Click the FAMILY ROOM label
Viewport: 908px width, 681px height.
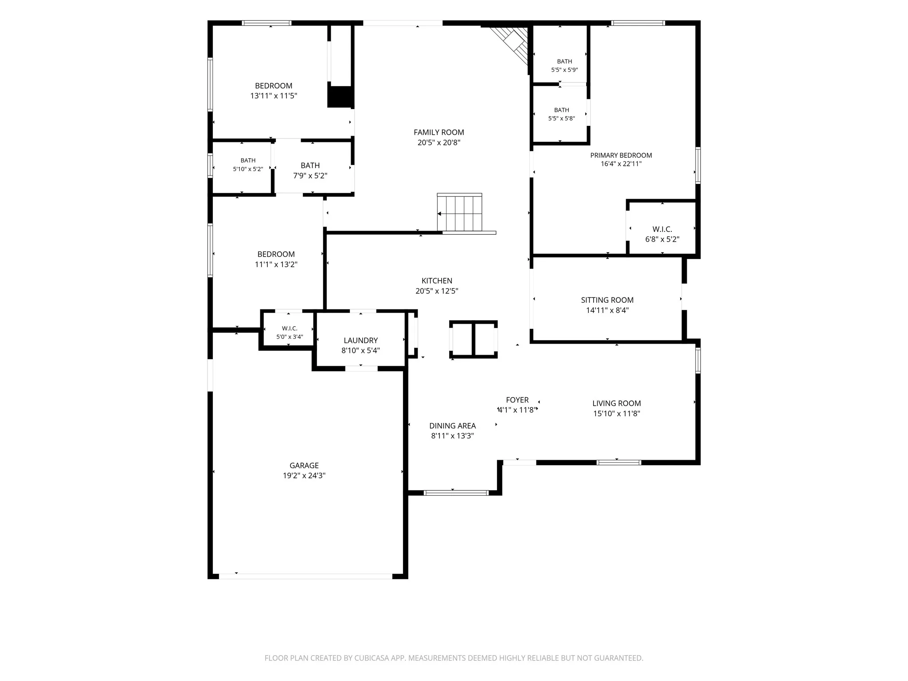point(439,132)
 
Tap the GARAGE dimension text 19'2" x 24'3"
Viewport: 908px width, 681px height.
point(304,476)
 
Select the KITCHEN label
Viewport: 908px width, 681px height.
point(437,281)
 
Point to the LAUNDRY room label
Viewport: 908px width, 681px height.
point(360,340)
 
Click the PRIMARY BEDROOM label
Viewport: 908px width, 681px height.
point(621,155)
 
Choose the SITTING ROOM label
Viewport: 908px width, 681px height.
point(607,300)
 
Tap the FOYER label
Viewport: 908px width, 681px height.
point(517,400)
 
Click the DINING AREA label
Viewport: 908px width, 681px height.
point(452,426)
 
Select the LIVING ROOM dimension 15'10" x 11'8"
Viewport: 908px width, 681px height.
point(617,414)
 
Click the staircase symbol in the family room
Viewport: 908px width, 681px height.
point(460,212)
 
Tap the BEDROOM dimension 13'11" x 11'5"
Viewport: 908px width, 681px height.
point(274,96)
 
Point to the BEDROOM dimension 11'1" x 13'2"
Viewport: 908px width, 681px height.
point(276,265)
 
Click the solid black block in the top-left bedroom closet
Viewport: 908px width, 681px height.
point(340,97)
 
